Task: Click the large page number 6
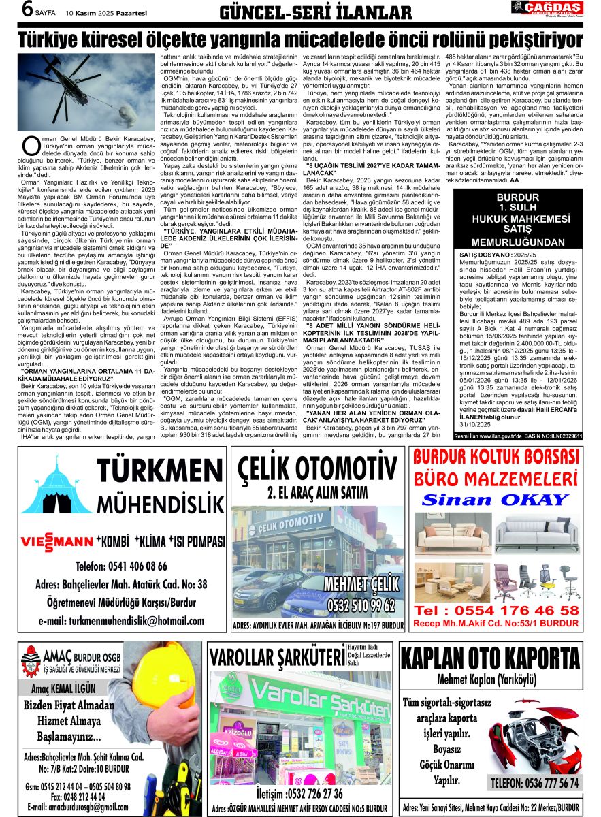coord(28,10)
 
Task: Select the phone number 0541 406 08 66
coord(121,566)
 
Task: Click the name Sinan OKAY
coord(495,499)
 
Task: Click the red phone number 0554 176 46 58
coord(496,610)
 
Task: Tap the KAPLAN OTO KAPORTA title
coord(490,658)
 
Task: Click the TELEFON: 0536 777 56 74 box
coord(535,782)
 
